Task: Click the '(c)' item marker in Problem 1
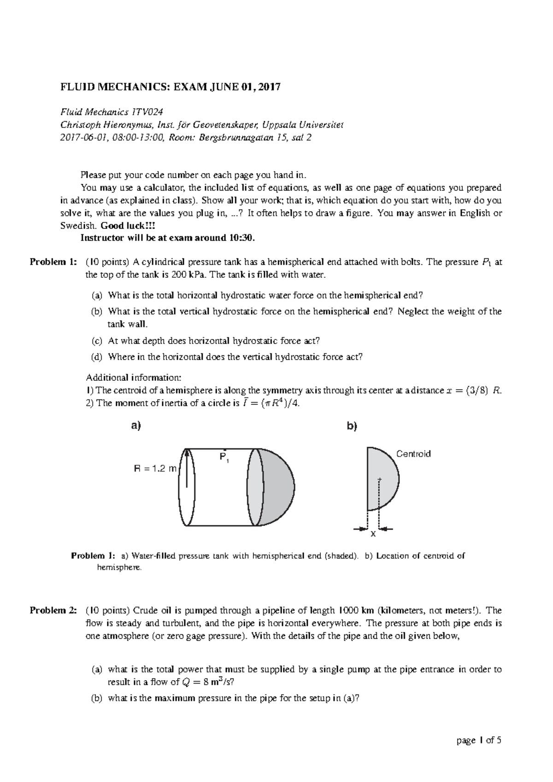(x=97, y=341)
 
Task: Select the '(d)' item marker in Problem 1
(x=97, y=357)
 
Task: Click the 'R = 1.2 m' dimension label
(x=155, y=469)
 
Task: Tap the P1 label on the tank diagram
(x=224, y=458)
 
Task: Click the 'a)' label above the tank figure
(x=135, y=426)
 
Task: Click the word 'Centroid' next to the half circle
(x=413, y=454)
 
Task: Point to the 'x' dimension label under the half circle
(x=373, y=534)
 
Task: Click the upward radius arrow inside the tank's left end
(x=187, y=467)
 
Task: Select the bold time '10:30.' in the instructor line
(x=241, y=238)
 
